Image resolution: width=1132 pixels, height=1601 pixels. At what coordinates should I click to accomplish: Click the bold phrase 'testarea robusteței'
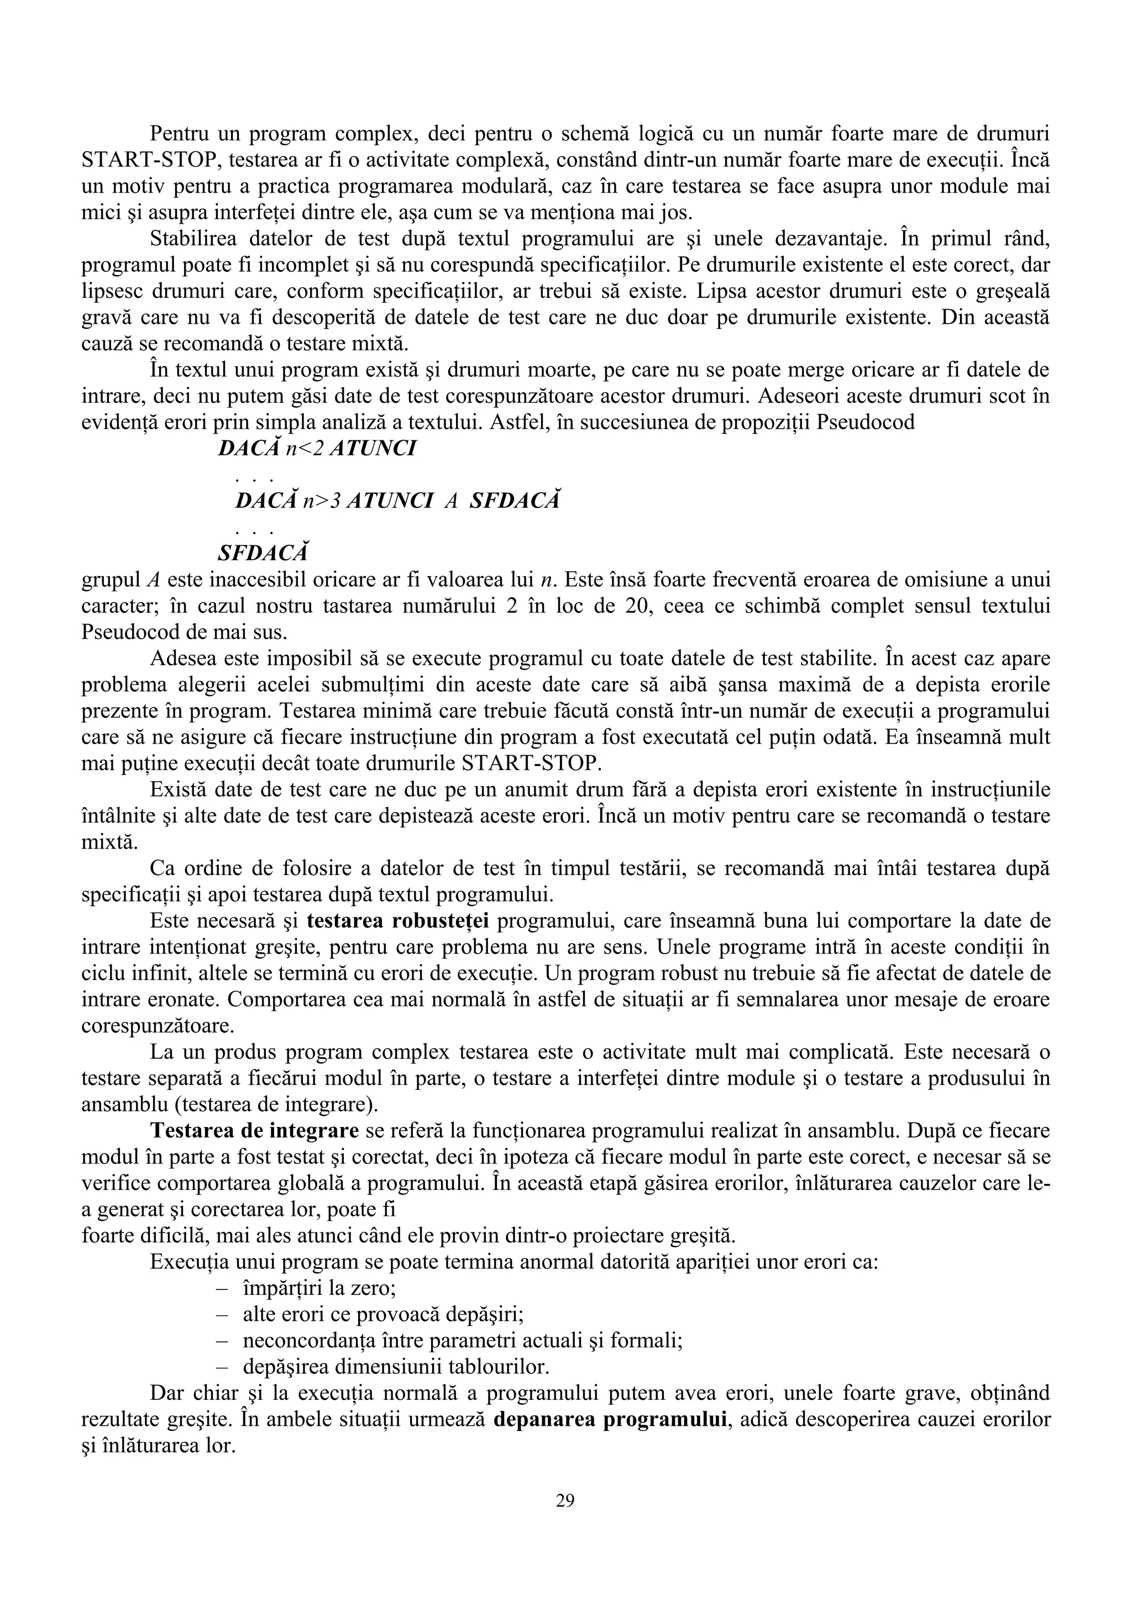(397, 921)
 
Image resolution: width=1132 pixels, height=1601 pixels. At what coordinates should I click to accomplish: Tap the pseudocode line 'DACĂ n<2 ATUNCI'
(317, 449)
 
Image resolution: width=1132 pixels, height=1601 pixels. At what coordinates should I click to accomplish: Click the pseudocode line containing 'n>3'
(397, 501)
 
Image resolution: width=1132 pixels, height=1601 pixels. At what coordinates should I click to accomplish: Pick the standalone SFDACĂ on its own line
(263, 553)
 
